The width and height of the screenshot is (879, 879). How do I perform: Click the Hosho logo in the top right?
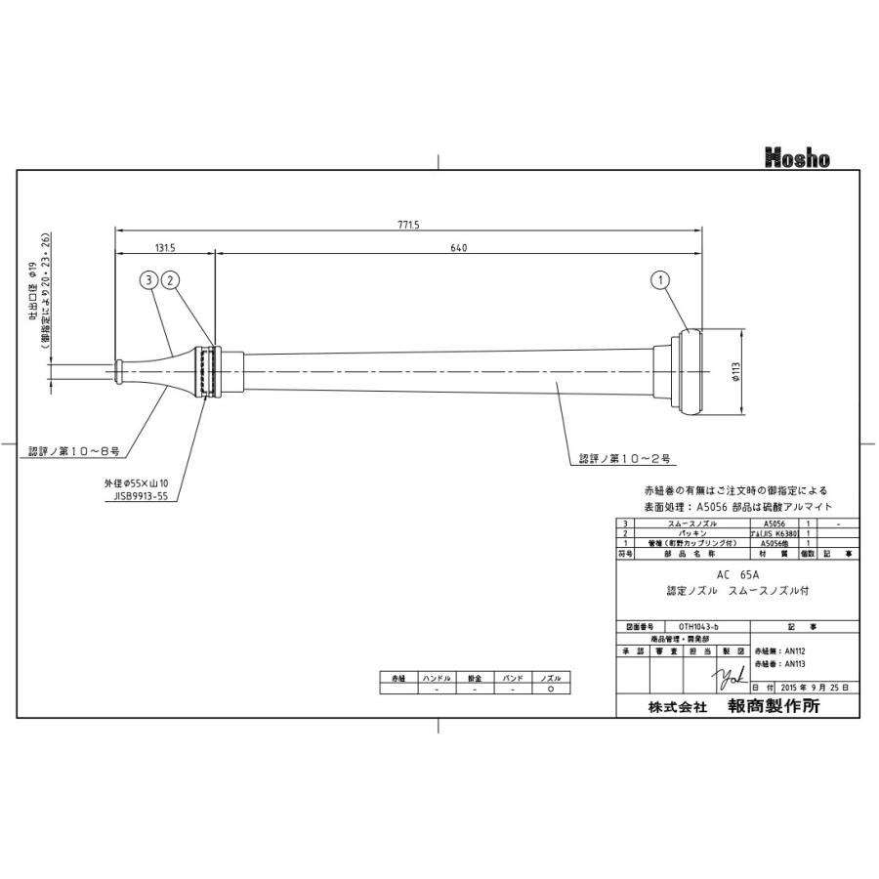796,157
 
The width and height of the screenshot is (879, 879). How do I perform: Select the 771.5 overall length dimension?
408,225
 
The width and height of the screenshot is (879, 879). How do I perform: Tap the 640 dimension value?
459,248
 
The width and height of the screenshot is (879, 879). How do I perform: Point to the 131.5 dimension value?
164,248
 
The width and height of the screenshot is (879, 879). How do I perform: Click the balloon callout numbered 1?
661,280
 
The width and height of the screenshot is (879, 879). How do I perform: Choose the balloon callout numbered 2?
170,280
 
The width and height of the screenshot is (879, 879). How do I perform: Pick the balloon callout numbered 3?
148,280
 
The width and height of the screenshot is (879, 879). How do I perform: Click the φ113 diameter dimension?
737,374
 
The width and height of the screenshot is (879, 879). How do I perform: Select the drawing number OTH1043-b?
697,626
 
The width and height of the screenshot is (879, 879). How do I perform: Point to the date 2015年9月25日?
807,687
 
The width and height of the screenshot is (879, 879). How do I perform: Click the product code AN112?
778,649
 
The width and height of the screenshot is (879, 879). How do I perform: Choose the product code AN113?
778,662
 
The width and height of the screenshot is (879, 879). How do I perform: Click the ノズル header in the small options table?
552,677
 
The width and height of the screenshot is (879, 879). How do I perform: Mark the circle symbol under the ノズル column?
552,689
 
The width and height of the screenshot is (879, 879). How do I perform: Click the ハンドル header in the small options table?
436,677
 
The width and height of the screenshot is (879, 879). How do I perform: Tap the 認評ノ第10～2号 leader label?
623,457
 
